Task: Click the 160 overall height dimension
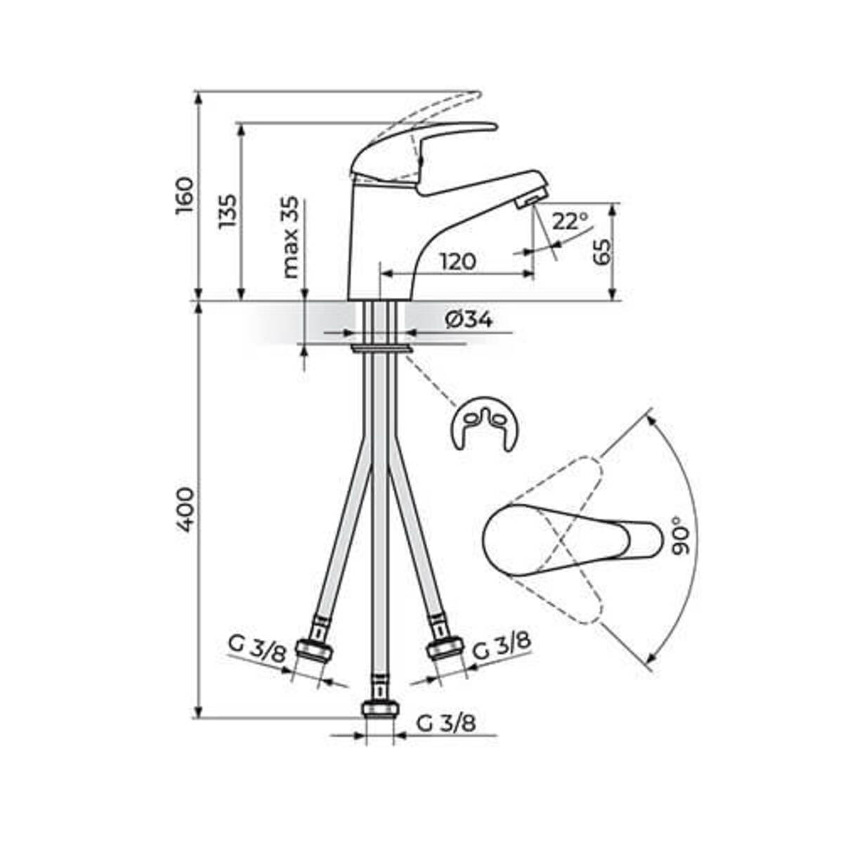tap(185, 195)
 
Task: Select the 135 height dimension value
tap(228, 211)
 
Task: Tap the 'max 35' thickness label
tap(290, 237)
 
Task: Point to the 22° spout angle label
tap(570, 221)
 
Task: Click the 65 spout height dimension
tap(602, 251)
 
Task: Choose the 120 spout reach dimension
tap(458, 261)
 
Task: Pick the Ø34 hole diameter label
tap(469, 320)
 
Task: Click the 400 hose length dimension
tap(185, 511)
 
